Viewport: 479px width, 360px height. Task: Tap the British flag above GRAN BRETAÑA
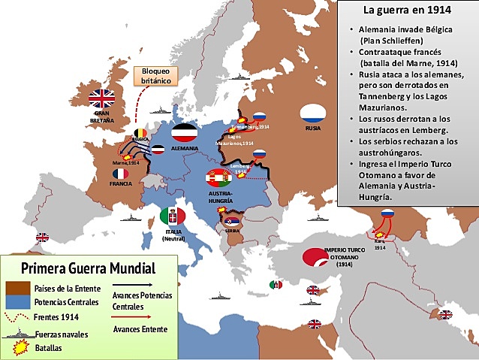point(101,98)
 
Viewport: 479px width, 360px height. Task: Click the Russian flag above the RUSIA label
point(312,114)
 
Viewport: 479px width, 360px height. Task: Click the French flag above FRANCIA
point(120,174)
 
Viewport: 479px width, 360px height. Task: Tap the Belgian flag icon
point(140,134)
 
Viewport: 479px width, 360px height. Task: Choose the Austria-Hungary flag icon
point(218,178)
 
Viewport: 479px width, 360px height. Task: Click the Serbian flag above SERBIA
point(232,222)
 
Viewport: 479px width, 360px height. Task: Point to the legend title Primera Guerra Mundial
point(88,268)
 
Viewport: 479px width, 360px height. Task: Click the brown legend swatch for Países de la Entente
point(17,287)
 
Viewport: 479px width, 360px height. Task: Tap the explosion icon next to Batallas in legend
point(23,347)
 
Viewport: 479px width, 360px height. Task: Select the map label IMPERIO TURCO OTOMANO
point(345,253)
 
